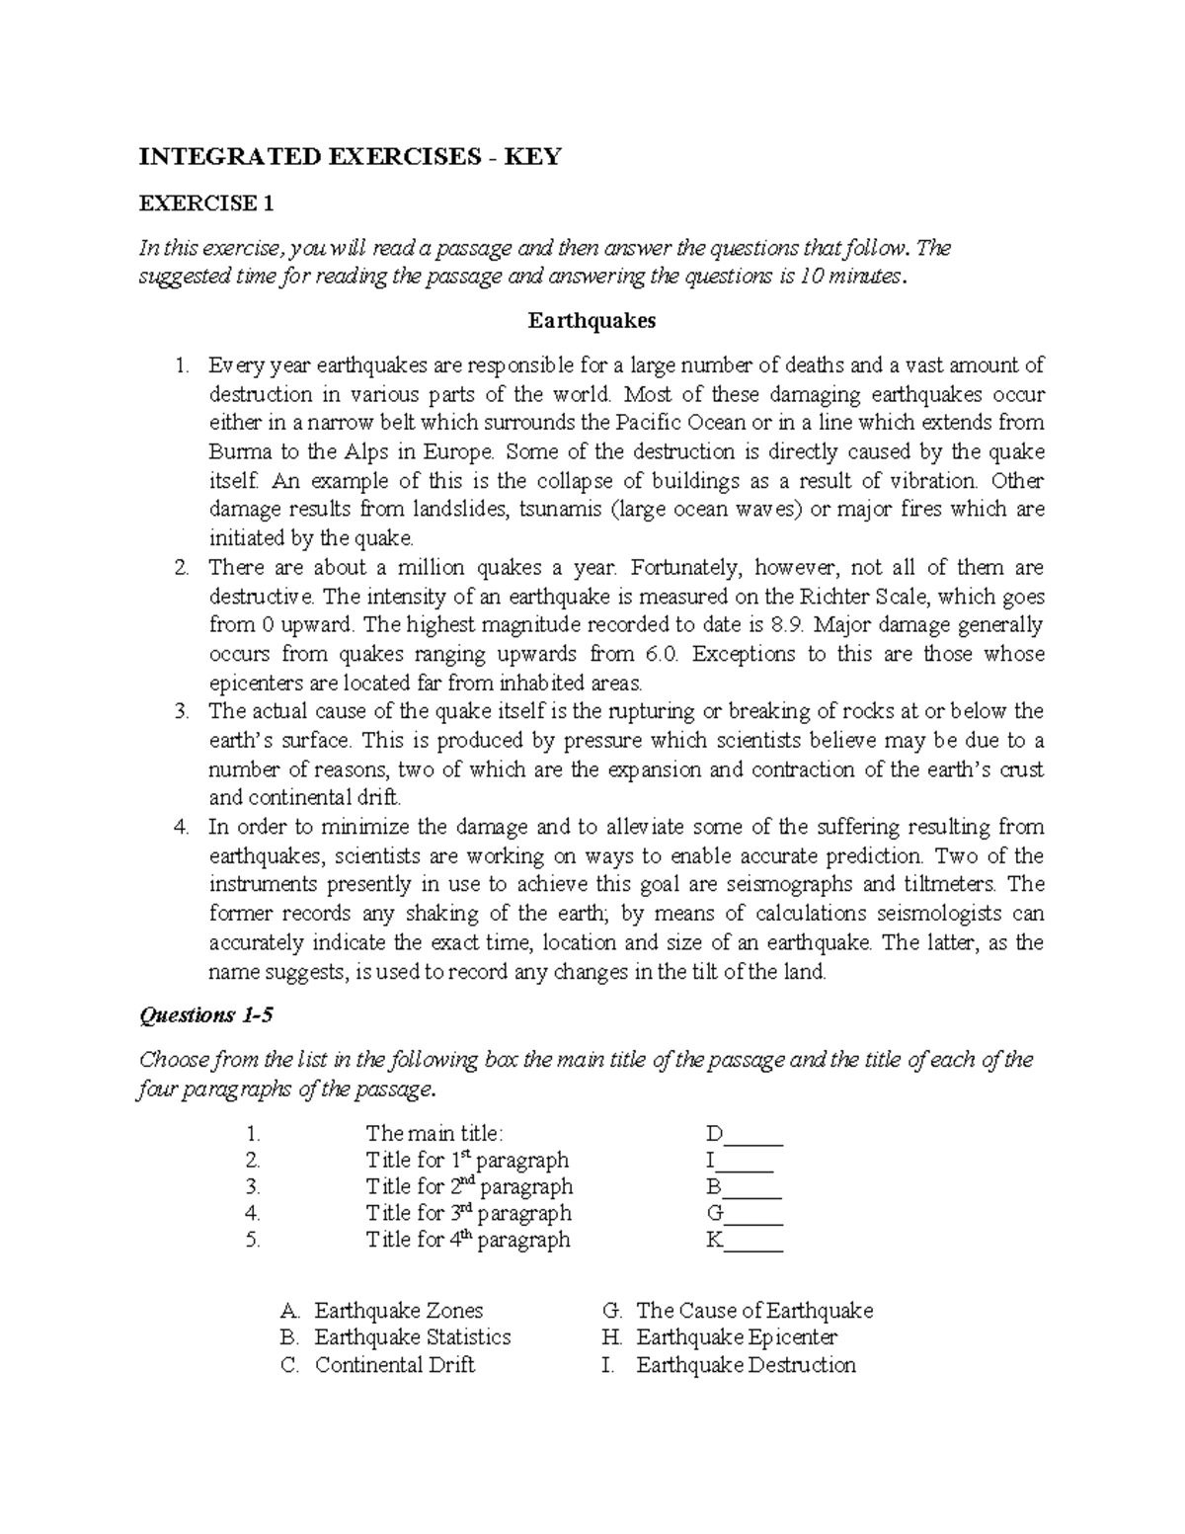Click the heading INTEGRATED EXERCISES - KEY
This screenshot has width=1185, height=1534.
pos(350,157)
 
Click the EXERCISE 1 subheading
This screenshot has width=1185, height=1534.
pos(206,204)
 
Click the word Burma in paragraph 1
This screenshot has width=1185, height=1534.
pos(237,452)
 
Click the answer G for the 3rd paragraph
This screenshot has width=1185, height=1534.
pos(716,1213)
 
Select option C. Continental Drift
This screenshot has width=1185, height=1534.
pos(379,1365)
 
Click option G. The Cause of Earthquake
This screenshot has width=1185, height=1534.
pos(738,1311)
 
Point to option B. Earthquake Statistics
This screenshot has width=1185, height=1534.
pos(396,1337)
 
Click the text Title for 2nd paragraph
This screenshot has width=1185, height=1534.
pos(469,1186)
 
